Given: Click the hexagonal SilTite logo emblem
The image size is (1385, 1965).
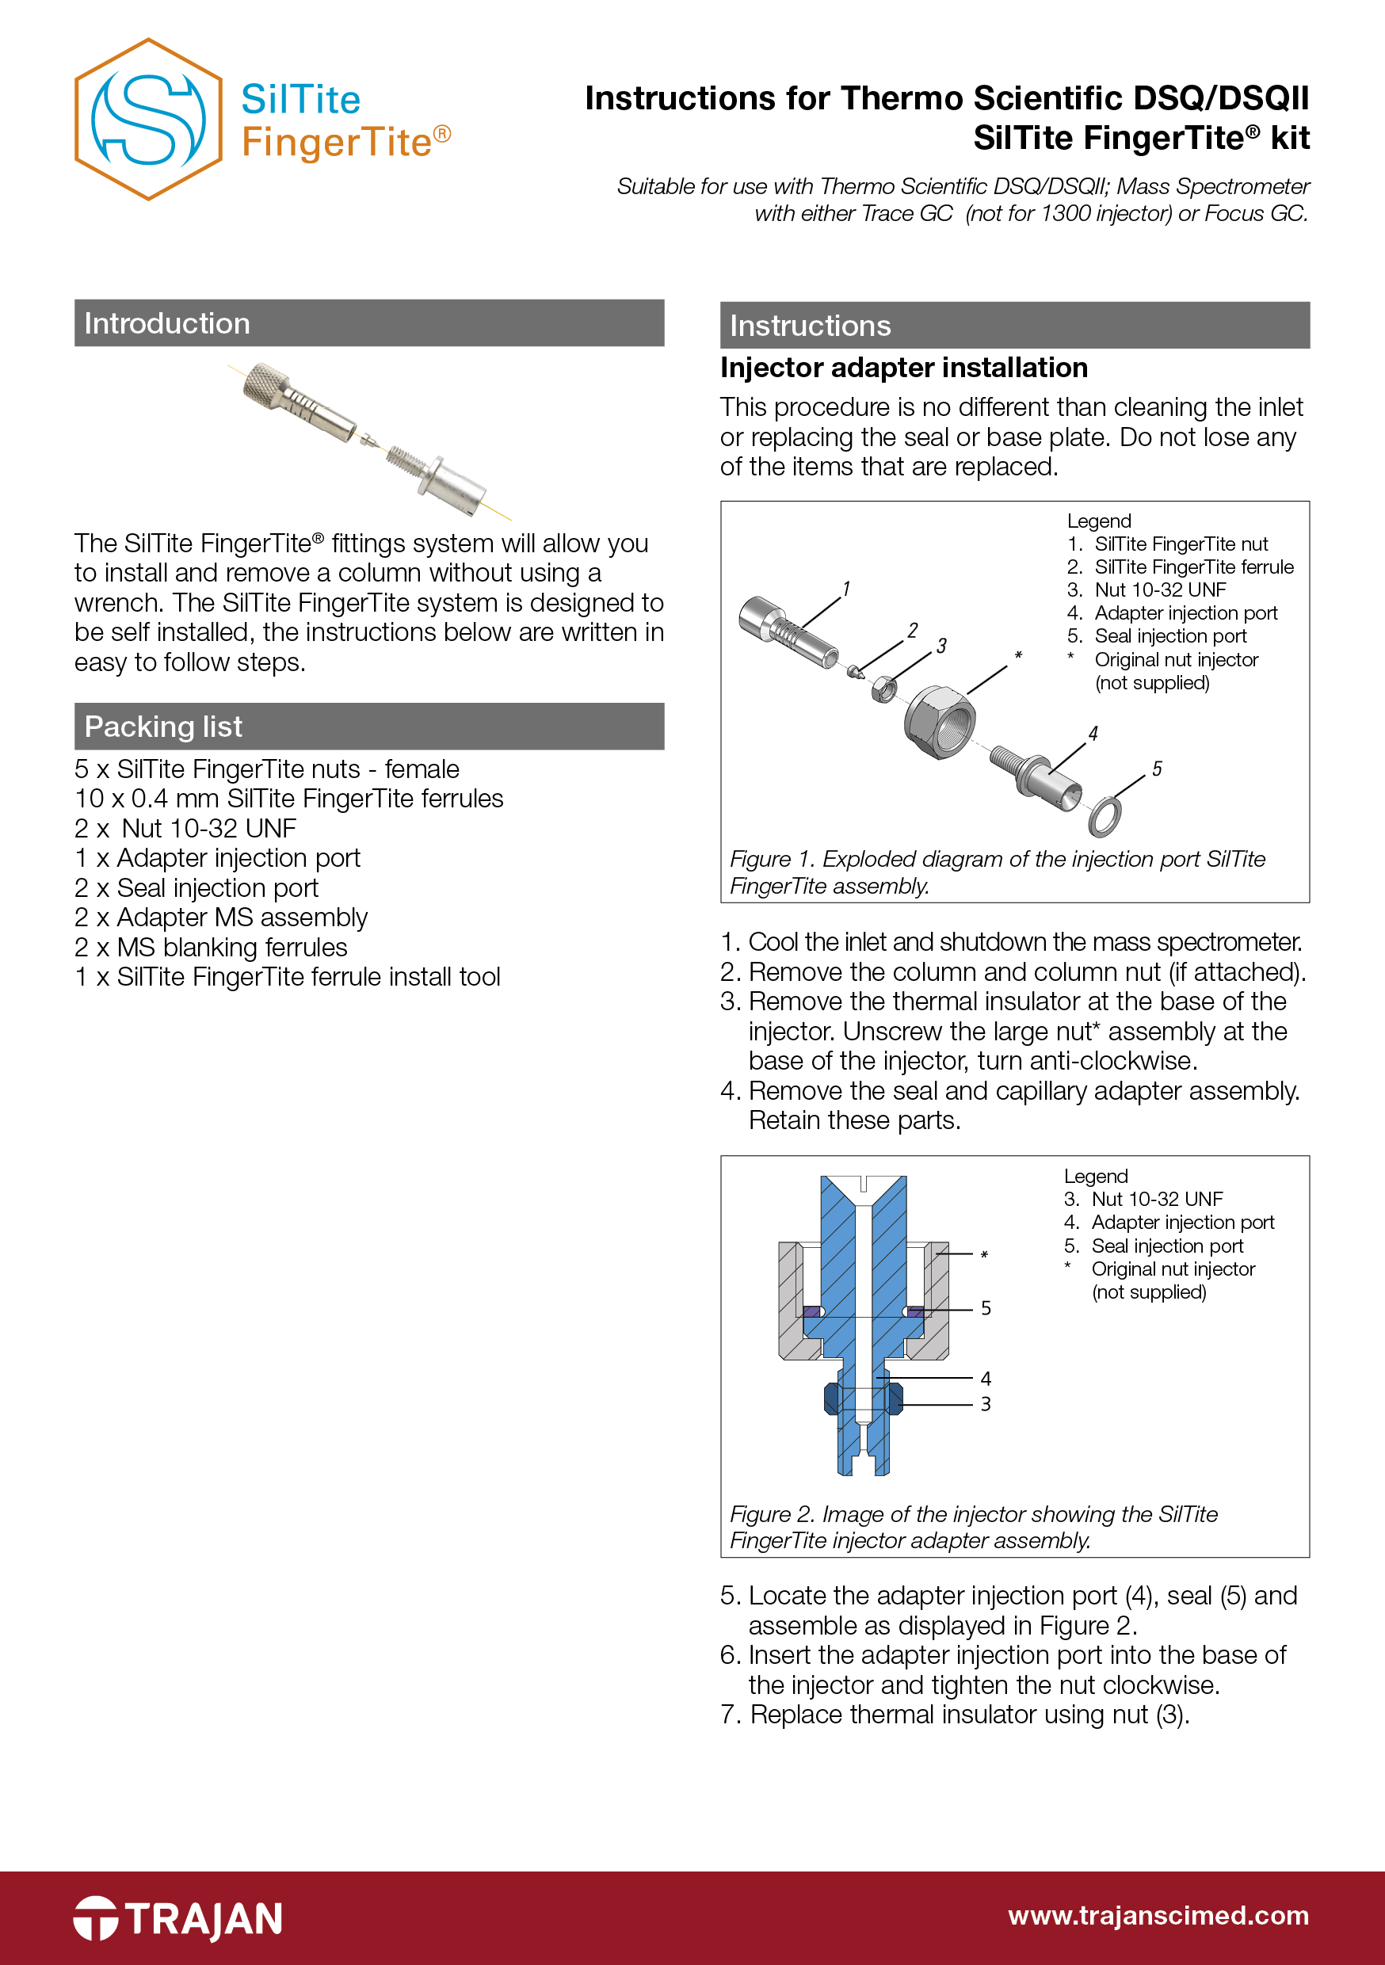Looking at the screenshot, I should tap(148, 119).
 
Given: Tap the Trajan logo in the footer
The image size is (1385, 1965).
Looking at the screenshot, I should tap(178, 1918).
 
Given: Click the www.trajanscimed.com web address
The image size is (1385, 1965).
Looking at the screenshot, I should tap(1158, 1915).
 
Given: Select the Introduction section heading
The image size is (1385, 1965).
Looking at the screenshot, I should tap(167, 323).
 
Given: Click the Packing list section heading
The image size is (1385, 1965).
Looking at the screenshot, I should tap(163, 727).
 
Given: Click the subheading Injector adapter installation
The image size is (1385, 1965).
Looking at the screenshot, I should tap(903, 368).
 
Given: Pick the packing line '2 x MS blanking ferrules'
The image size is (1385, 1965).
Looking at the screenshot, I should tap(211, 948).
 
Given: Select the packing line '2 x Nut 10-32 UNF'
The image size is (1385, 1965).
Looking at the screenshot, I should tap(185, 829).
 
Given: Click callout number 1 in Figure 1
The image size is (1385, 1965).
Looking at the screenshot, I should tap(845, 589).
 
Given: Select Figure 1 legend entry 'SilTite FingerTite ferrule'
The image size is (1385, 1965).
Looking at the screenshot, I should tap(1193, 567).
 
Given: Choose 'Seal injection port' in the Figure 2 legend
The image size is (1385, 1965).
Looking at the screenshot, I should tap(1167, 1246).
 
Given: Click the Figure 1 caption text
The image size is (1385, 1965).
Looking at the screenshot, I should tap(998, 872).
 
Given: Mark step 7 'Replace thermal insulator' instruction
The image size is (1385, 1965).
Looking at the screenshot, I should tap(956, 1715).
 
